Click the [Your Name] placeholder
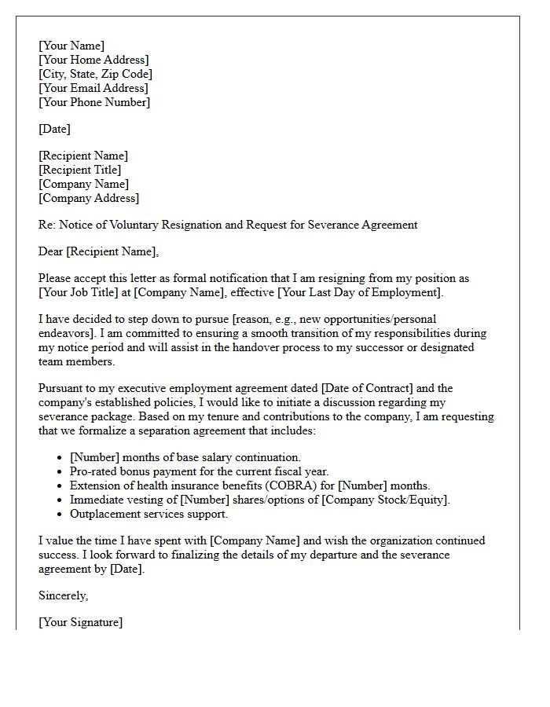(x=71, y=46)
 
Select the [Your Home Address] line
(x=93, y=60)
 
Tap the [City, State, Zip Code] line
(x=95, y=74)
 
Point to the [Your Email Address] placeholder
(x=93, y=88)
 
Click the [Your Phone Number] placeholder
(x=94, y=102)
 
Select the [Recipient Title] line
(x=79, y=170)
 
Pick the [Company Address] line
(x=89, y=198)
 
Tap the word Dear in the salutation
(x=51, y=251)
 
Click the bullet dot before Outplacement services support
(x=60, y=515)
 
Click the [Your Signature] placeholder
(x=80, y=622)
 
